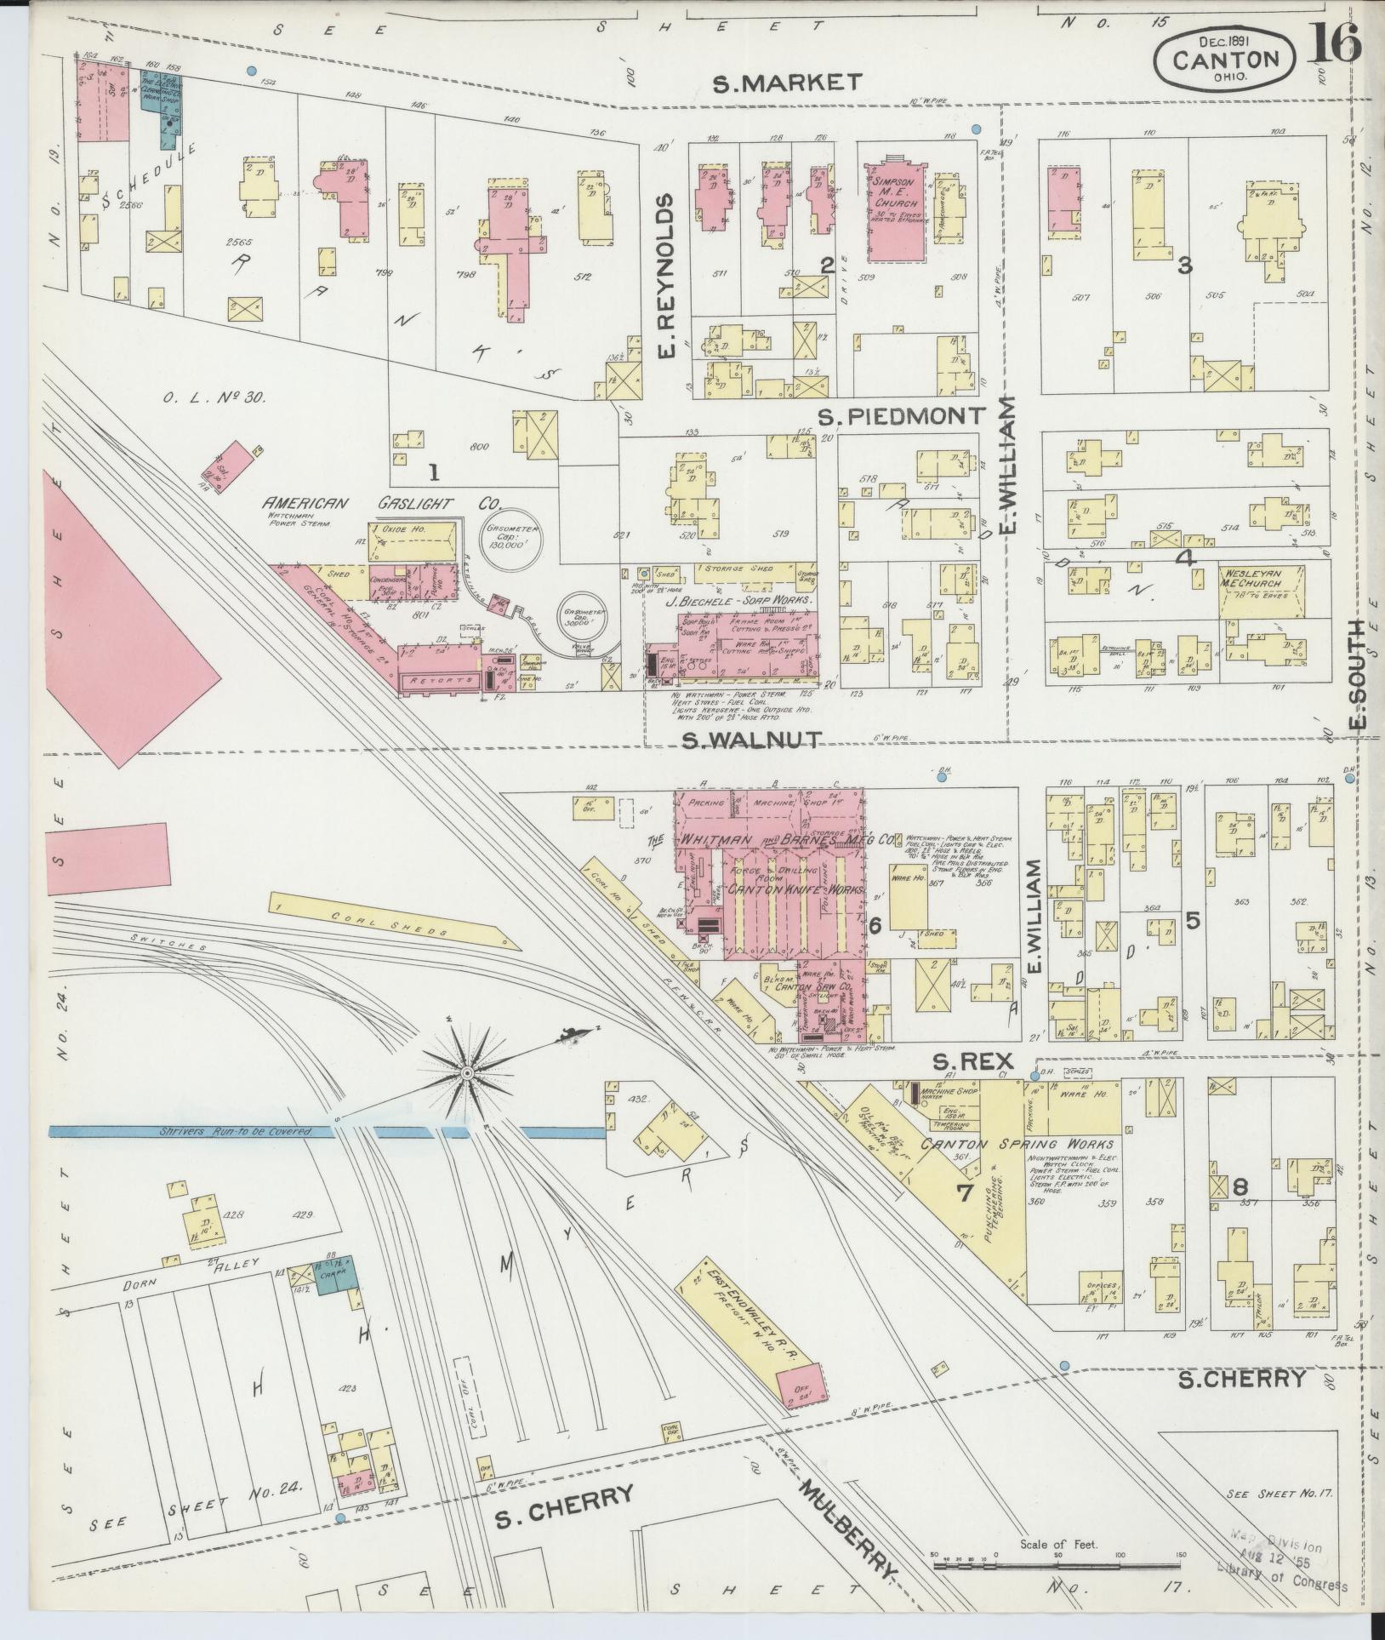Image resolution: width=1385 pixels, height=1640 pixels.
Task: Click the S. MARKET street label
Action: coord(787,83)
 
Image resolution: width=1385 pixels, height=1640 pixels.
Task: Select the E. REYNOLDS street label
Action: coord(666,275)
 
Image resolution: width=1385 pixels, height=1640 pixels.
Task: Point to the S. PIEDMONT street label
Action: coord(902,417)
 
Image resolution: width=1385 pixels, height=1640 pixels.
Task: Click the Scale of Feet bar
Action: coord(1057,1563)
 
